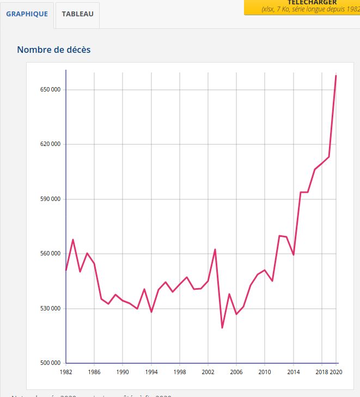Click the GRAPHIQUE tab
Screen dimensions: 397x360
tap(27, 14)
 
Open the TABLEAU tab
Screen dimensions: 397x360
tap(77, 14)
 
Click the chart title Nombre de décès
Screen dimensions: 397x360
tap(54, 50)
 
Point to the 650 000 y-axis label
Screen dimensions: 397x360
tap(47, 89)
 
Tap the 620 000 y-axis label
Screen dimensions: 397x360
tap(47, 144)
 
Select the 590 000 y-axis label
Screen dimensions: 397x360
tap(47, 199)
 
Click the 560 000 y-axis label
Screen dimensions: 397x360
tap(47, 254)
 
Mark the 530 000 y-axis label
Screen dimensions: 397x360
tap(47, 308)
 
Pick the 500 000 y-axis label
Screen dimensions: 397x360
tap(47, 363)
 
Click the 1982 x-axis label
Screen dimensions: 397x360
tap(66, 372)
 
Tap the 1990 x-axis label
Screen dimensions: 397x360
tap(123, 372)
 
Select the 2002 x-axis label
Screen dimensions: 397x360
tap(208, 372)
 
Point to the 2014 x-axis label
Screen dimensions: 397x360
tap(293, 372)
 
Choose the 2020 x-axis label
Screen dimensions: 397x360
tap(336, 372)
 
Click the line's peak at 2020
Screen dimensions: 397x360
tap(336, 75)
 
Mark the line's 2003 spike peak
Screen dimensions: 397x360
tap(215, 249)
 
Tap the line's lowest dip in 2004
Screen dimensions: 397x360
tap(222, 328)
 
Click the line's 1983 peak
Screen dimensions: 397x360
tap(73, 240)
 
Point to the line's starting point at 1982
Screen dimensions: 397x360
tap(66, 270)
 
